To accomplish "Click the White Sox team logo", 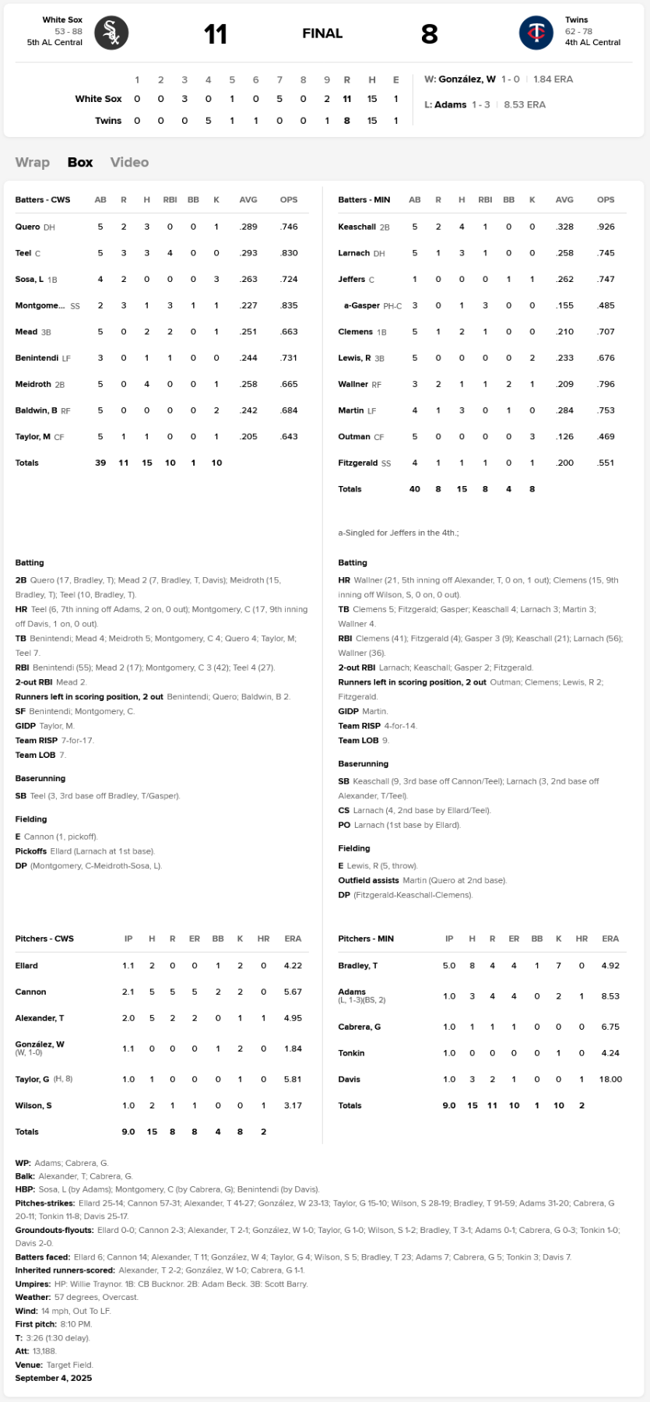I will pyautogui.click(x=111, y=33).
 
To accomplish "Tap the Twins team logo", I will pyautogui.click(x=536, y=33).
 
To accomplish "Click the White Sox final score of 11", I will pyautogui.click(x=216, y=33).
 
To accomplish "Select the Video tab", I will pyautogui.click(x=129, y=162).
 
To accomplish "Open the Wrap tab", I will pyautogui.click(x=33, y=162).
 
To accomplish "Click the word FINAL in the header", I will pyautogui.click(x=322, y=33).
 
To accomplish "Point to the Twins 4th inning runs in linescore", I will pyautogui.click(x=208, y=121).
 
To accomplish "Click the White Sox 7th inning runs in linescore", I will pyautogui.click(x=279, y=99).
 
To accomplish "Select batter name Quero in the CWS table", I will pyautogui.click(x=27, y=227).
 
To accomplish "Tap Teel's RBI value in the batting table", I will pyautogui.click(x=170, y=253).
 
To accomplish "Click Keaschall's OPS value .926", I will pyautogui.click(x=606, y=227).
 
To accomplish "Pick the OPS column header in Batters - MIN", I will pyautogui.click(x=606, y=200).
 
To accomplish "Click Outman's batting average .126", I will pyautogui.click(x=564, y=437).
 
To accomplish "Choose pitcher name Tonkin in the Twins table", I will pyautogui.click(x=351, y=1053).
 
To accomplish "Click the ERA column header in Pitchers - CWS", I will pyautogui.click(x=293, y=939).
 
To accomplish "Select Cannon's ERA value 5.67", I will pyautogui.click(x=293, y=992).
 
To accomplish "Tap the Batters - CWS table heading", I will pyautogui.click(x=43, y=200).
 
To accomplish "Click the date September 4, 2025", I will pyautogui.click(x=53, y=1378).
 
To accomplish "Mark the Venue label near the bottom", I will pyautogui.click(x=28, y=1365).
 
